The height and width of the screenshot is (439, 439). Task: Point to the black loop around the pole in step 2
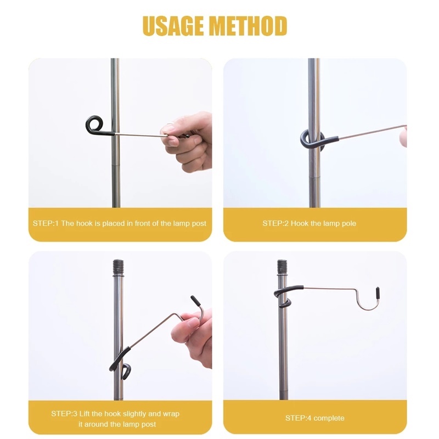coord(312,140)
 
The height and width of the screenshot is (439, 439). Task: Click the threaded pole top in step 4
coord(282,267)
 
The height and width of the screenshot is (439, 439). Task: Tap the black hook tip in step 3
coord(195,301)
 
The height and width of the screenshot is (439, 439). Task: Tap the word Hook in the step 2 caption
coord(300,223)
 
